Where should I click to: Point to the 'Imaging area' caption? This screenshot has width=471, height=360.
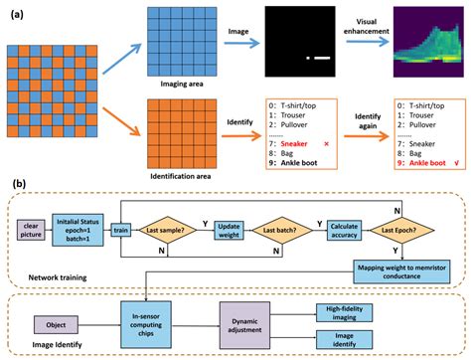[x=180, y=85]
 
